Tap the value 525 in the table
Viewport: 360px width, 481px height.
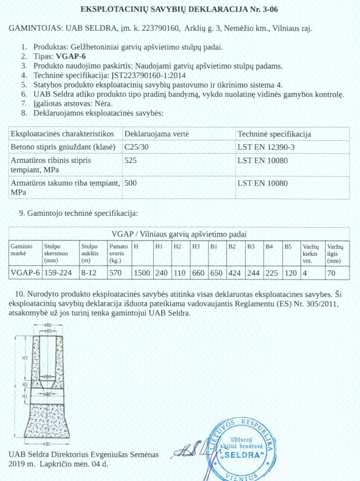132,160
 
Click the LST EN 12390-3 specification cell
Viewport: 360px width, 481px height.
267,147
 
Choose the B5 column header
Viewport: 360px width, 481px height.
288,247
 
